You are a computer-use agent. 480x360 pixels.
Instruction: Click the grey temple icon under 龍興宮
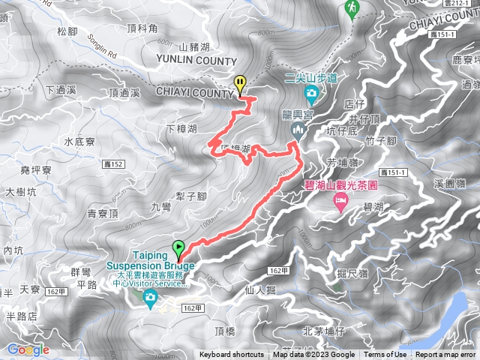click(x=298, y=131)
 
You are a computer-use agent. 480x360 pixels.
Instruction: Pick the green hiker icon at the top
click(x=352, y=7)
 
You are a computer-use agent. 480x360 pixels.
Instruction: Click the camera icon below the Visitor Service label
click(x=150, y=300)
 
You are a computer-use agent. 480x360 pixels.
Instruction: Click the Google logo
click(x=28, y=349)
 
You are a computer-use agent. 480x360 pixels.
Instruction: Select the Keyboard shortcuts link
click(x=232, y=355)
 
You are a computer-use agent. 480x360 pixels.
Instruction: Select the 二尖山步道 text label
click(x=311, y=76)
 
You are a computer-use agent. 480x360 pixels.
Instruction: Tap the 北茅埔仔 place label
click(x=324, y=330)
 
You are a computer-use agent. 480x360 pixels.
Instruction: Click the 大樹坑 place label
click(x=20, y=192)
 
